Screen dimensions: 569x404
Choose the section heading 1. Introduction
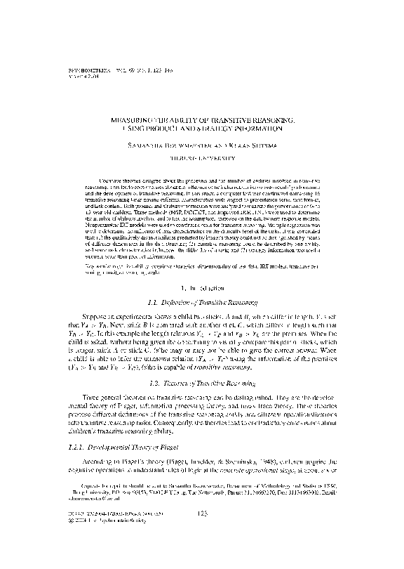202,287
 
